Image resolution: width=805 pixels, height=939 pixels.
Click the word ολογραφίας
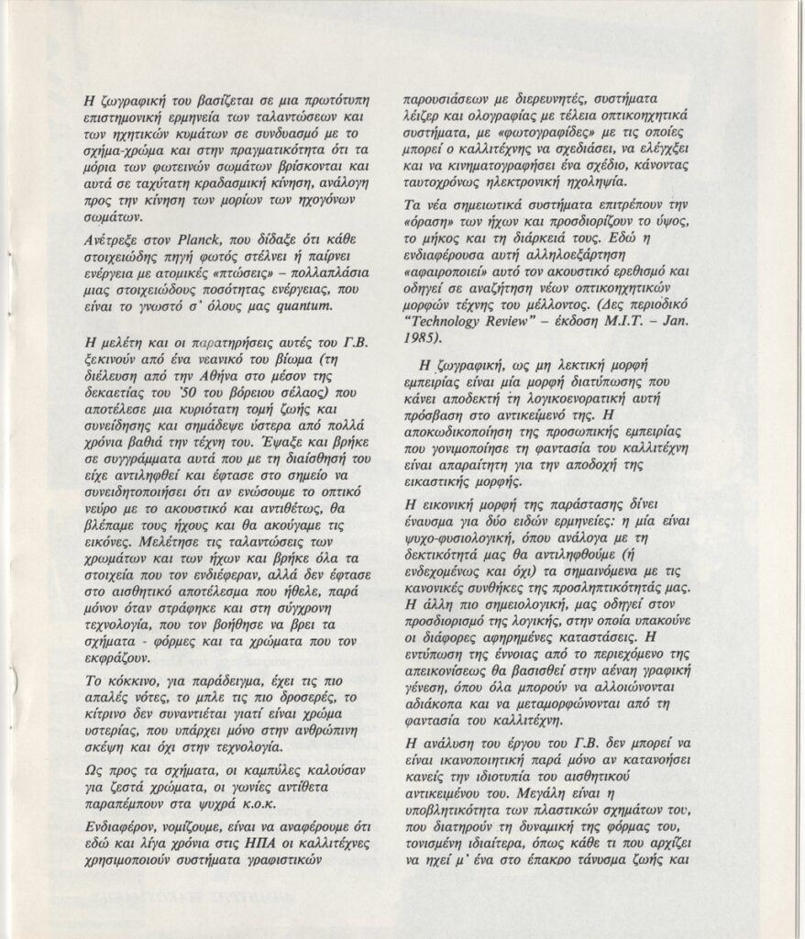pos(493,110)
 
